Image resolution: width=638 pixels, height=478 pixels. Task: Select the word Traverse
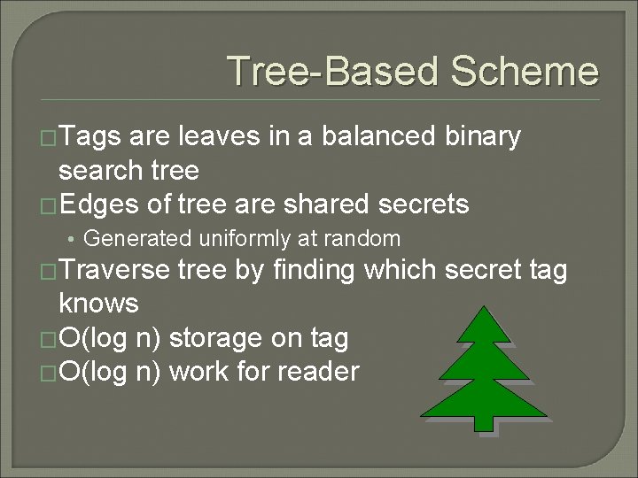click(113, 271)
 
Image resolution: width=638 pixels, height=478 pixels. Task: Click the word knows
click(97, 304)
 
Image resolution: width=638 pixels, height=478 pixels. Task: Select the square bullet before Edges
click(49, 205)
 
